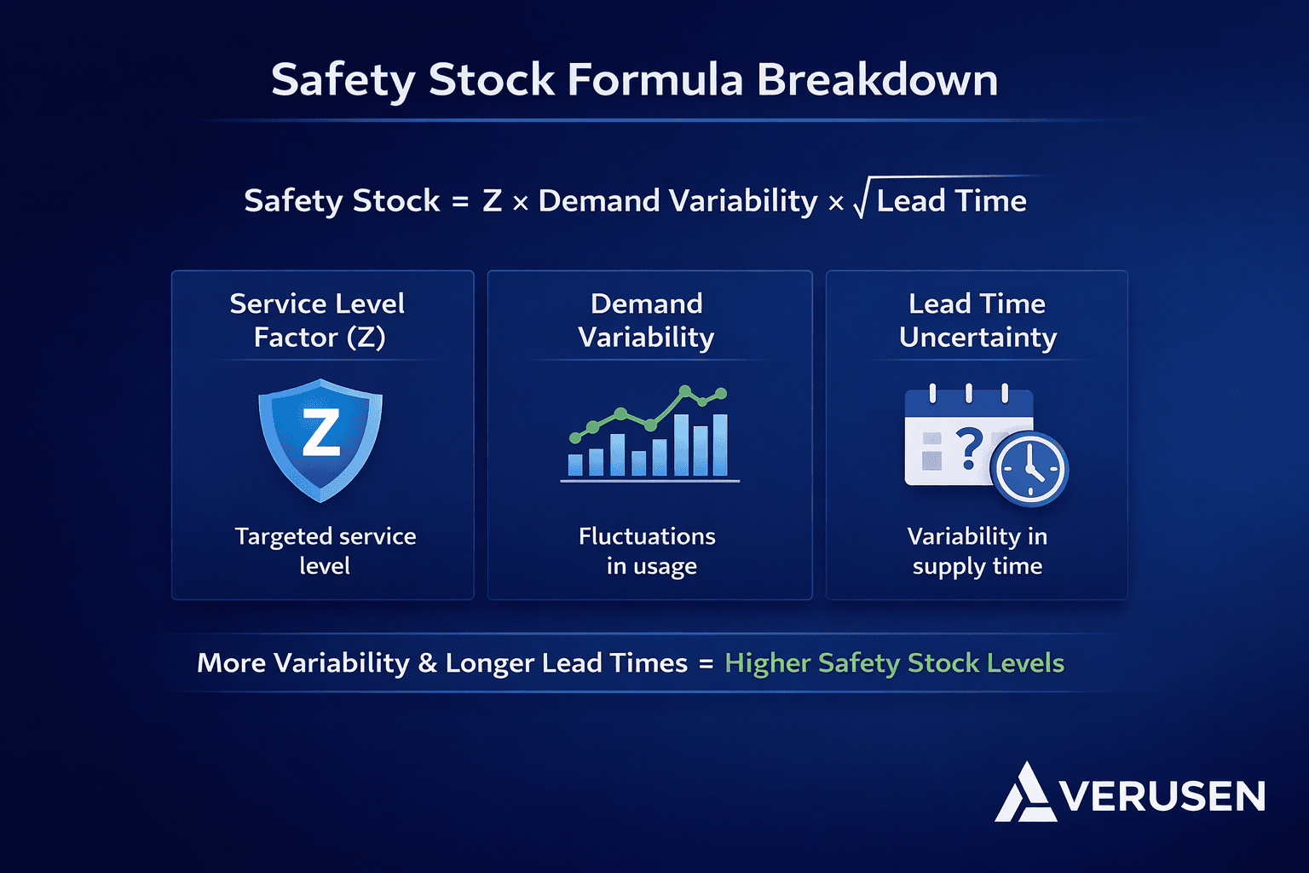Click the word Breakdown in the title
coord(877,80)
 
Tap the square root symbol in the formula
coord(861,201)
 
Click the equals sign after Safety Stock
coord(460,202)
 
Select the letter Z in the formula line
coord(492,201)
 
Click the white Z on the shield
coord(321,432)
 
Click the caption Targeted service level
coord(325,551)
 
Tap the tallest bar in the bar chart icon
coord(682,444)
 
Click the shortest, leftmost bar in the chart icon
coord(575,465)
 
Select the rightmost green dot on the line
coord(721,393)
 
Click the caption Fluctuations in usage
coord(648,551)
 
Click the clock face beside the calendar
coord(1030,470)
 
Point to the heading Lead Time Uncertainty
coord(977,321)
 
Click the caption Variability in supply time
coord(977,551)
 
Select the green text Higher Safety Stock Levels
coord(894,663)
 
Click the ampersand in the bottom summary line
coord(427,664)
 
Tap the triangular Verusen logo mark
coord(1025,794)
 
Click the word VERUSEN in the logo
coord(1163,797)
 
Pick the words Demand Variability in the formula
coord(678,201)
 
